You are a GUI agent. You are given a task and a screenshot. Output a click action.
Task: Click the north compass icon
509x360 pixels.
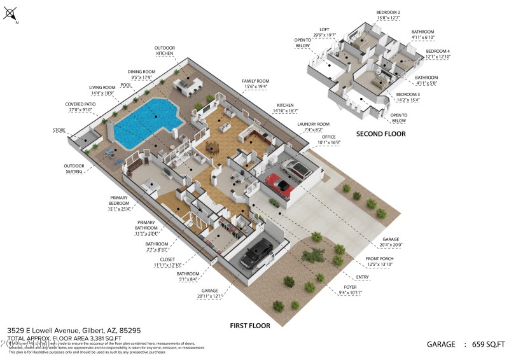coord(10,13)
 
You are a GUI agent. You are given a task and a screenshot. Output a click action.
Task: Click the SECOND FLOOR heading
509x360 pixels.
coord(380,134)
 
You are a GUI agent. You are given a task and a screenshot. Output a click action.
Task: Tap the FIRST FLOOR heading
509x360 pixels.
coord(249,325)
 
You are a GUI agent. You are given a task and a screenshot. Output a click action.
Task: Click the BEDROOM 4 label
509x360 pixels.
coord(438,51)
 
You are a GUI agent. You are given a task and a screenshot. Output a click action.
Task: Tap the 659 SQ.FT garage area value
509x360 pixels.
coord(489,344)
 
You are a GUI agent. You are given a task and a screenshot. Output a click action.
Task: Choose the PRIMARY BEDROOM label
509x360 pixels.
coord(118,200)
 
